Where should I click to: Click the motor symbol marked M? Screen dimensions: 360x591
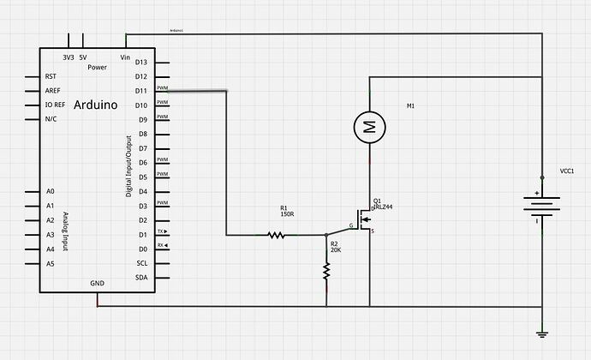(x=370, y=128)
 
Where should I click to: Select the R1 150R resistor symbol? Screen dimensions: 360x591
(x=277, y=234)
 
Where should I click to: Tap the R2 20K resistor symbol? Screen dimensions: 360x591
(x=326, y=270)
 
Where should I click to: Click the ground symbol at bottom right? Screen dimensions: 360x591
(x=540, y=334)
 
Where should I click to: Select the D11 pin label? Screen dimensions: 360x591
(x=141, y=90)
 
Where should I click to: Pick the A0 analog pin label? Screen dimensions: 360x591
(x=50, y=191)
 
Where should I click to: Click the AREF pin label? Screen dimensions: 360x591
(x=52, y=90)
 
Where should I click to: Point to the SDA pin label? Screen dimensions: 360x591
(x=141, y=278)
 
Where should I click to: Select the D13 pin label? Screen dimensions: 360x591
(x=141, y=62)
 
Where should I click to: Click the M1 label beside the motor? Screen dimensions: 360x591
(x=410, y=106)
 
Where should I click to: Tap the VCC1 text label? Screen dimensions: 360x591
(x=566, y=171)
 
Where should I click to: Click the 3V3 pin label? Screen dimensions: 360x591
(x=68, y=57)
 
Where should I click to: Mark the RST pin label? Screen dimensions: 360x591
(x=51, y=75)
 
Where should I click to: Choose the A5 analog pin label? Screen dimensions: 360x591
(x=50, y=263)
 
